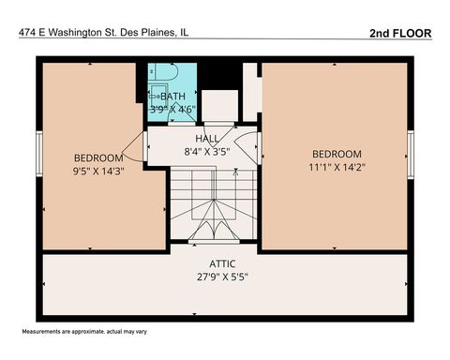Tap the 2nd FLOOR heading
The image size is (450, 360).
(400, 32)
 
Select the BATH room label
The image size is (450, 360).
(173, 96)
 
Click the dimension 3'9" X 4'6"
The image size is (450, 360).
(173, 109)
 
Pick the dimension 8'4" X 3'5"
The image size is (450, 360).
(206, 150)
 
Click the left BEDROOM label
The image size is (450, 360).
(98, 157)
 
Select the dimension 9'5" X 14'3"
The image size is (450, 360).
(98, 171)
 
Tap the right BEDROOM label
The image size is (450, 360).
(336, 154)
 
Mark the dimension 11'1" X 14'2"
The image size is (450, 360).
(336, 167)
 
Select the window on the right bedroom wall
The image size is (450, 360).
(410, 147)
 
